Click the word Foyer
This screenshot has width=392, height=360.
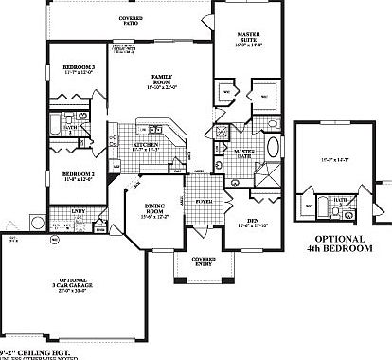click(203, 200)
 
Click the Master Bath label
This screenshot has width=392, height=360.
click(244, 153)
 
